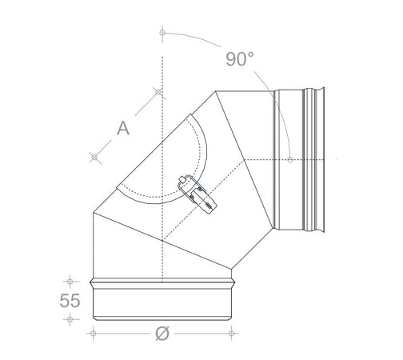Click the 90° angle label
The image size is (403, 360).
tap(239, 58)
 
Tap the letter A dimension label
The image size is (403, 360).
tap(122, 127)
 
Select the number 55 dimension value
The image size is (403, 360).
tap(71, 301)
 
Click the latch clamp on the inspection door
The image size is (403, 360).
tap(196, 194)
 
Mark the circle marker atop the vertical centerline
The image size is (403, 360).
tap(162, 33)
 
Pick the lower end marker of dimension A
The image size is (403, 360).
tap(94, 158)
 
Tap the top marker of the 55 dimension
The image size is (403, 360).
tap(71, 281)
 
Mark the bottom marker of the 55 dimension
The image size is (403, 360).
tap(71, 319)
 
